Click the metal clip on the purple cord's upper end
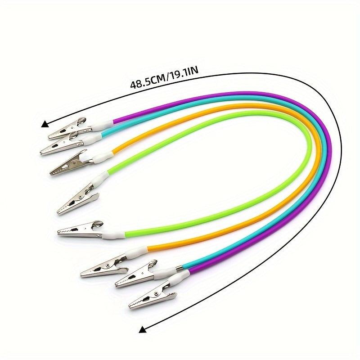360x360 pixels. [x=69, y=130]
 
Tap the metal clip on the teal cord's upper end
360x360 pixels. [x=62, y=144]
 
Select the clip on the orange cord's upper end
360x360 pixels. [x=71, y=163]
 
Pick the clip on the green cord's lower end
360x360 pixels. [x=81, y=229]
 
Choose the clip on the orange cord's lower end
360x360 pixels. [x=104, y=266]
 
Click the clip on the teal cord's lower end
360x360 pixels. [x=137, y=274]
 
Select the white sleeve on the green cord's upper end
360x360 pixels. [x=100, y=178]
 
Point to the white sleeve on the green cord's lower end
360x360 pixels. [x=114, y=234]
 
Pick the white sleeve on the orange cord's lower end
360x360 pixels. [x=136, y=252]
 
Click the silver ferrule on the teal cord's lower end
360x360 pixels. [x=180, y=268]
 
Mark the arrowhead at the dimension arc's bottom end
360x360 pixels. [x=143, y=330]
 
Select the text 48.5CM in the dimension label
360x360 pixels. [x=148, y=82]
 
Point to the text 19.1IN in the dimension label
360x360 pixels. [x=183, y=73]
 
